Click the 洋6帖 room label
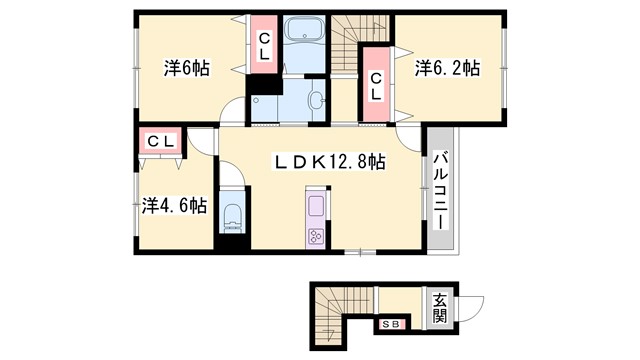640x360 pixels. point(187,69)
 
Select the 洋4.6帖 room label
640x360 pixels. point(174,205)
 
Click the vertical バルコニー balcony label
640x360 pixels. point(440,190)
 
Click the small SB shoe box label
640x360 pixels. point(390,323)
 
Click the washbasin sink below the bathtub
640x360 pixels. point(316,100)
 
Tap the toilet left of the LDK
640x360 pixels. point(233,217)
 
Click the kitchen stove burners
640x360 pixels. point(316,237)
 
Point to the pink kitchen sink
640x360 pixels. point(316,208)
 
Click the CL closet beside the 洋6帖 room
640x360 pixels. point(265,48)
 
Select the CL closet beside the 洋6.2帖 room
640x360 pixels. point(376,86)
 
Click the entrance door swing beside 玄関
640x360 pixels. point(470,308)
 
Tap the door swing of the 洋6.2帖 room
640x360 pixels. point(410,137)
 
